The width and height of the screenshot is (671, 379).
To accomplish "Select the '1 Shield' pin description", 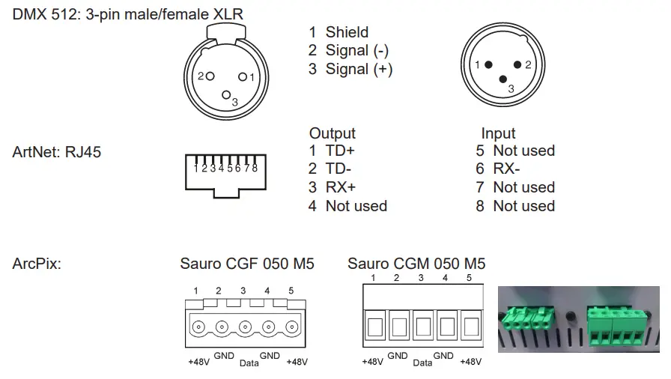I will point(338,32).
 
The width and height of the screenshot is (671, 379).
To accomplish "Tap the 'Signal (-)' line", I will point(349,51).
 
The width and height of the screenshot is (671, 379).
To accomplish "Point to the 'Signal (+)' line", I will point(350,70).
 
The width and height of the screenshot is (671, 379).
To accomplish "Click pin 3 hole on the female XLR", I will point(227,94).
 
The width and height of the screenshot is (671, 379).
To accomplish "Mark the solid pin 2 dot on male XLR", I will point(517,65).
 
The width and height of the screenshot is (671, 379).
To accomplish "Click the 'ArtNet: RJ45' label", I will point(57,152).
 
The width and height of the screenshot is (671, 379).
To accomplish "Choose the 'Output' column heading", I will point(332,133).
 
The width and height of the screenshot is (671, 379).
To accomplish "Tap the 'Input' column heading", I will point(498,133).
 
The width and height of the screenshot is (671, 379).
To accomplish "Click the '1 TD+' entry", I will point(332,151).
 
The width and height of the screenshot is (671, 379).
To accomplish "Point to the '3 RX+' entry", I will point(332,187).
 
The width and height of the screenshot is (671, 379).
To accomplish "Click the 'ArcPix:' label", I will point(37,264).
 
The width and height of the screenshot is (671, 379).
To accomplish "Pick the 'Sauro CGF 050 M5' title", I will point(247,264).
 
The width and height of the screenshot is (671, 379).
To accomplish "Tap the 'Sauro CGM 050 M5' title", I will point(416,264).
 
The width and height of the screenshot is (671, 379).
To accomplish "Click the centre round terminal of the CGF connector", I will point(244,327).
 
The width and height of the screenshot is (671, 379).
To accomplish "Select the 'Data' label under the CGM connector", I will point(422,363).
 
